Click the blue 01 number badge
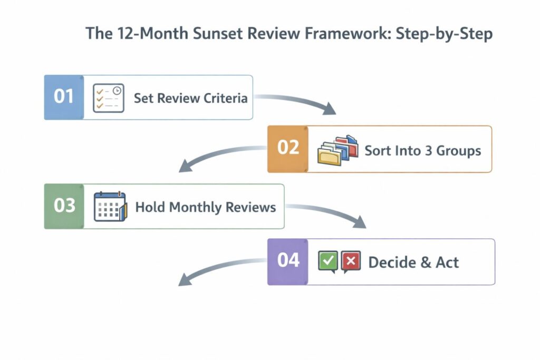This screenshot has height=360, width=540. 63,98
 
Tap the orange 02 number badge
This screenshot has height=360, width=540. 287,149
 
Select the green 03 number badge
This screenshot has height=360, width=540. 64,206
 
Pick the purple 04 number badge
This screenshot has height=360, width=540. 287,261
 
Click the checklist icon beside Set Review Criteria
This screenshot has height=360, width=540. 108,98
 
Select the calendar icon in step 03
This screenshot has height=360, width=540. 110,206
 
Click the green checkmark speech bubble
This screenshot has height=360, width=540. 328,261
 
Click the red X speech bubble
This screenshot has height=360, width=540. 351,261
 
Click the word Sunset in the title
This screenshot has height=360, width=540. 223,34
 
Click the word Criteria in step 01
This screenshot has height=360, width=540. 225,98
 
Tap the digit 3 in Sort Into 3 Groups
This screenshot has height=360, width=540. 428,151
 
